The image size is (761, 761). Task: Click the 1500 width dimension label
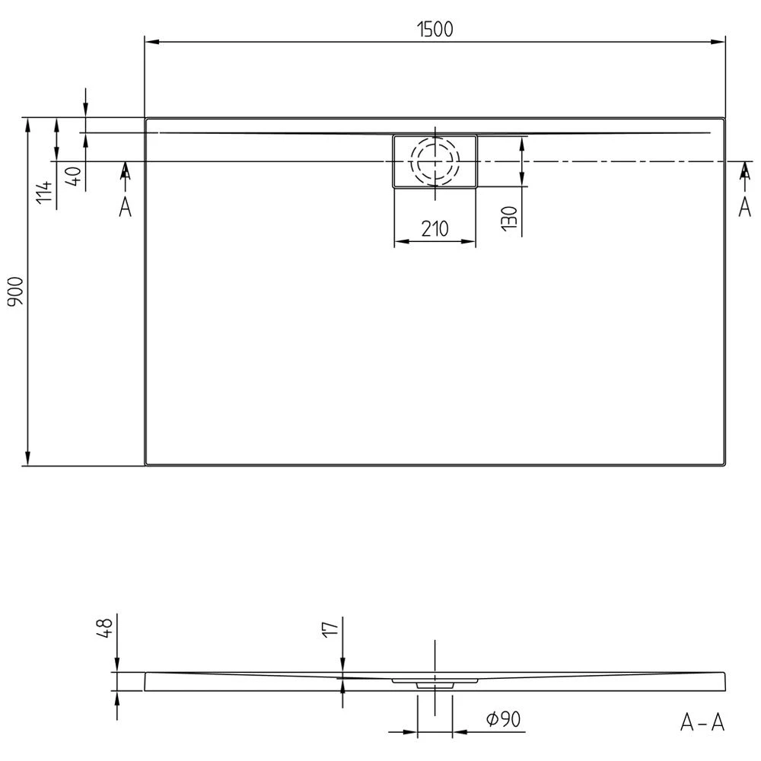(435, 29)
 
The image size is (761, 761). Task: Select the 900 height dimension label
(16, 291)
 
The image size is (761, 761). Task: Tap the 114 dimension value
(45, 193)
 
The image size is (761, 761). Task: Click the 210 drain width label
(435, 228)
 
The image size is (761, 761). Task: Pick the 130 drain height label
(509, 218)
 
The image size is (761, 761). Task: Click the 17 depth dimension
(331, 629)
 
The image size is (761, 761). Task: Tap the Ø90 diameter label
(504, 719)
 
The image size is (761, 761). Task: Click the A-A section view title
(702, 723)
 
